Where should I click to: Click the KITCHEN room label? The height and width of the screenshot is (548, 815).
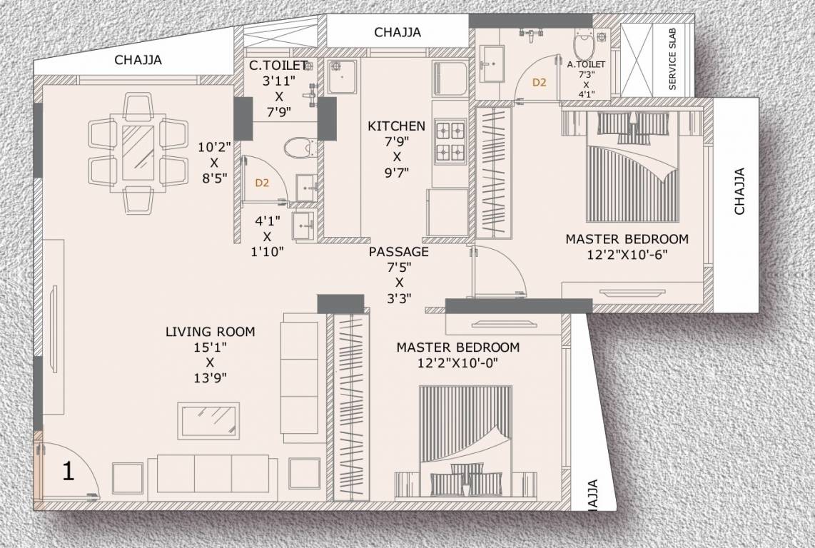point(396,126)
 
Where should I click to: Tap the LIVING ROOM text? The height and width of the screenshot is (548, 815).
point(210,332)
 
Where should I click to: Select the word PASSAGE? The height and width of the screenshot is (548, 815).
point(399,252)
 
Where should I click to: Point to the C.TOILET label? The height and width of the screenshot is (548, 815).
point(278,66)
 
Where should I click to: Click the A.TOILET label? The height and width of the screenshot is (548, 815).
point(586,64)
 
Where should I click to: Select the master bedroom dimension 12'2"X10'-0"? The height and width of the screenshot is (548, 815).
point(457,362)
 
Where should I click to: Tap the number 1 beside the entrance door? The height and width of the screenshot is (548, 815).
point(69,472)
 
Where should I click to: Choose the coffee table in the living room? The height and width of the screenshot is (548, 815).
point(208,417)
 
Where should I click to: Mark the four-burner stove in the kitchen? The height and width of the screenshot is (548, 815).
point(450,141)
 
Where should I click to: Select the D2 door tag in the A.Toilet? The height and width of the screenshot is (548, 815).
point(539,83)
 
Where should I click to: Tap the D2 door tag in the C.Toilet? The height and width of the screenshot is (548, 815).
point(262,183)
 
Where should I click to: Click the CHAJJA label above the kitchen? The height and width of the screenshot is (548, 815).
point(397,32)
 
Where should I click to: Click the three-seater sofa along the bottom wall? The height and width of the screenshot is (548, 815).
point(213,477)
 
